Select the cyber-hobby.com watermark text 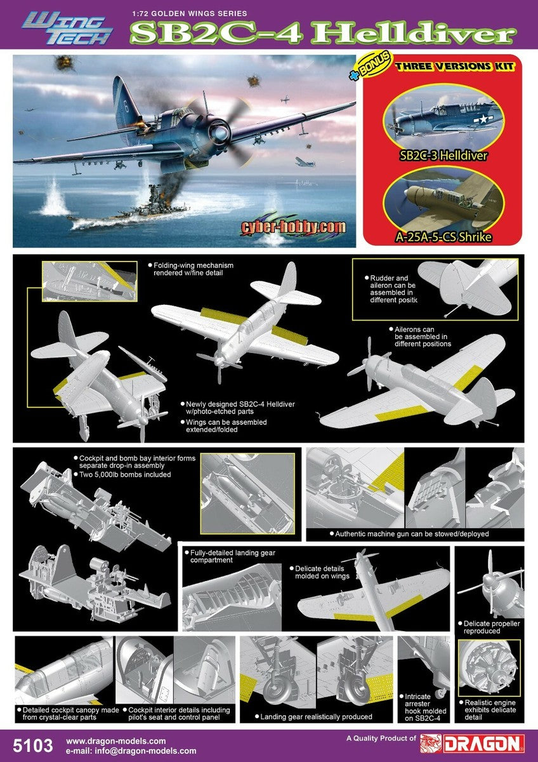point(294,227)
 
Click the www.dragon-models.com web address point(115,740)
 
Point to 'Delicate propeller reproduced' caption point(492,627)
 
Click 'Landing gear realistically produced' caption point(317,717)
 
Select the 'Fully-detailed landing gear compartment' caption point(232,556)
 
